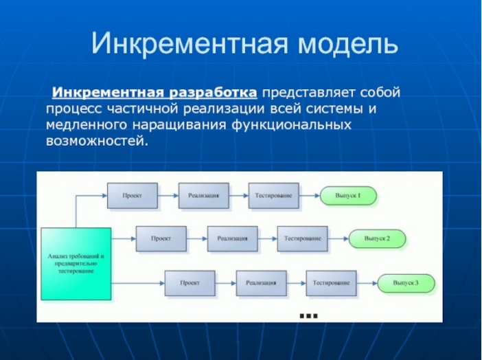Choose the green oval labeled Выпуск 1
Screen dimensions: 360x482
347,196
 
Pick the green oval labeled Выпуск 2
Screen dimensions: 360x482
377,238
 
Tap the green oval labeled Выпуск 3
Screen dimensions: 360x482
405,282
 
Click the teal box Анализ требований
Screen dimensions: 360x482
76,263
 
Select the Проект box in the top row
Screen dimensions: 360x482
132,196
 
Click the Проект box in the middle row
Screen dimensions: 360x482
161,238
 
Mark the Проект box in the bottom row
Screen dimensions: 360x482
190,282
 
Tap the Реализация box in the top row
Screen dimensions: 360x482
203,196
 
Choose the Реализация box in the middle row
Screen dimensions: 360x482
232,238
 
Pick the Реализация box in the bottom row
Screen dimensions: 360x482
261,282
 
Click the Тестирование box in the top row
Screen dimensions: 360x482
274,196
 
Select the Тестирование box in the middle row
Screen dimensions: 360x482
303,238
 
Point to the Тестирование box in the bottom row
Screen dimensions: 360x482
332,282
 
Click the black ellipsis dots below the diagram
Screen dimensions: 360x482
308,315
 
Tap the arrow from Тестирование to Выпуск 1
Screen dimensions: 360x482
310,196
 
